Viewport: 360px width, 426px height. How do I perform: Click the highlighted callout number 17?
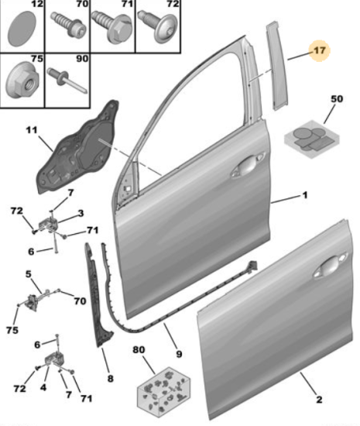319,50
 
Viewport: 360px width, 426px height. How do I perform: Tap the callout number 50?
337,98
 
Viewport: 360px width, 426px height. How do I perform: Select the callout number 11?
31,130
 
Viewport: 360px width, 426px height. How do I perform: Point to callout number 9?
179,354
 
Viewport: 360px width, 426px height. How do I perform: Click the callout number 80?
139,349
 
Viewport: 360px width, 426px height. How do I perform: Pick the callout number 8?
110,379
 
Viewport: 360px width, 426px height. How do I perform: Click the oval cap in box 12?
22,28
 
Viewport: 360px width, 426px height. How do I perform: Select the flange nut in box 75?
22,80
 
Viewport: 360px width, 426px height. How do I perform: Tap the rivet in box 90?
67,81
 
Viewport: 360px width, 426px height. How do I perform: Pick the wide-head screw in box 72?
157,26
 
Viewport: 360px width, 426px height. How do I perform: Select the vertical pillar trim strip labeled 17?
276,66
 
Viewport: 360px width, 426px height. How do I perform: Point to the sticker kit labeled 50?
312,139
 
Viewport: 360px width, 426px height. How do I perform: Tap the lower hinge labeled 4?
57,360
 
